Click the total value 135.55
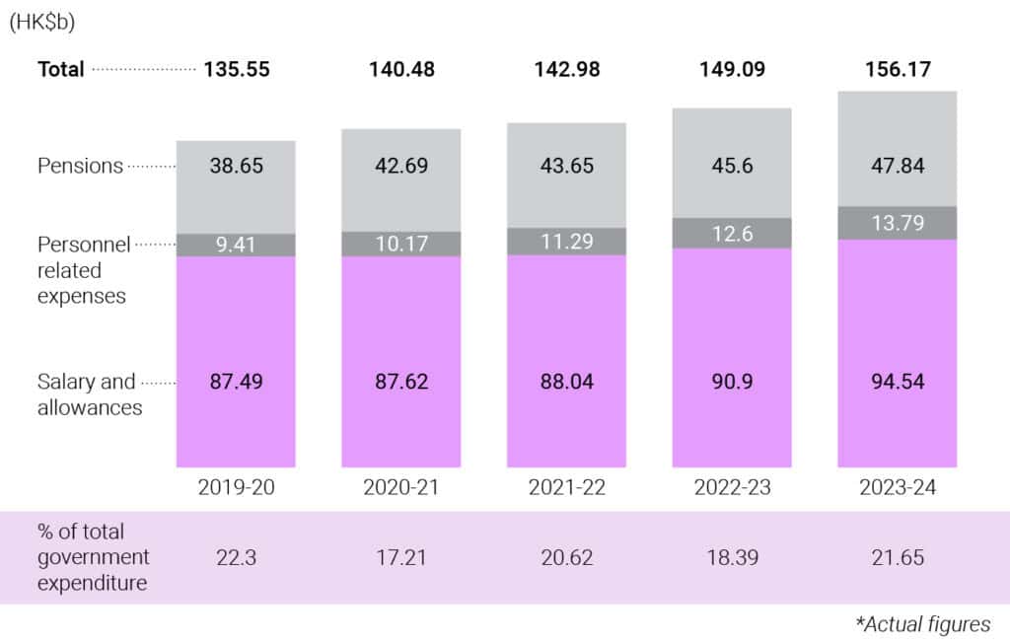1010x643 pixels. click(236, 69)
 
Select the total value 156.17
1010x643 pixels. click(897, 69)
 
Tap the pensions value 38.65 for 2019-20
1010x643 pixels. click(236, 166)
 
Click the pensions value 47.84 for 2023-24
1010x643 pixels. click(897, 166)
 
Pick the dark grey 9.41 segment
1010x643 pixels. click(236, 245)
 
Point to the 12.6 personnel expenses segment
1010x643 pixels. click(732, 233)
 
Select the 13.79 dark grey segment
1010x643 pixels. click(897, 223)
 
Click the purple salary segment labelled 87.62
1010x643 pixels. click(401, 381)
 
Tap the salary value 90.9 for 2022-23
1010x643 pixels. click(732, 381)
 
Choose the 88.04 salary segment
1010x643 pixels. click(566, 381)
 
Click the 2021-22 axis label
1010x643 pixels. click(566, 488)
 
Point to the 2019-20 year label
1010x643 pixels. click(236, 488)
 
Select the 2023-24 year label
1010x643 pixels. click(897, 488)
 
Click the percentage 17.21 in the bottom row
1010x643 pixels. click(401, 557)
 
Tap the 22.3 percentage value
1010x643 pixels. click(236, 557)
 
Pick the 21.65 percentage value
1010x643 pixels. click(897, 557)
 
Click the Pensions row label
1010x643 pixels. click(80, 166)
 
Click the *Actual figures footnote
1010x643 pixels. click(923, 624)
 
